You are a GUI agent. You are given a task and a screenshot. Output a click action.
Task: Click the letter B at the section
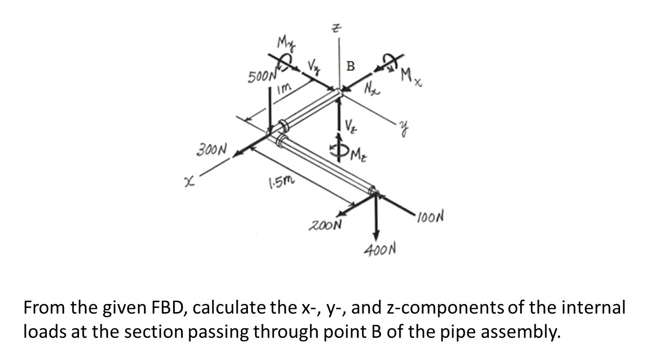tap(351, 67)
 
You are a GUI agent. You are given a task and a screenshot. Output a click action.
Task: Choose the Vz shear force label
tap(350, 129)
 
